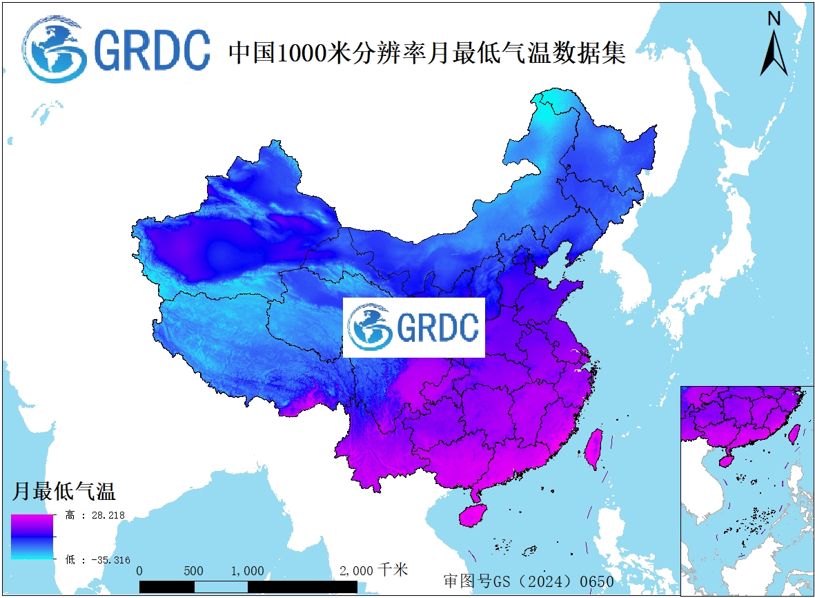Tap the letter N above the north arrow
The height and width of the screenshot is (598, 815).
coord(774,19)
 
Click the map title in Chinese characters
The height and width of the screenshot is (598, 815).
coord(426,52)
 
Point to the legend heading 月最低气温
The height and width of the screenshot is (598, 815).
coord(63,492)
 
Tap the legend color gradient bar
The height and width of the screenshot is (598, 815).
coord(32,537)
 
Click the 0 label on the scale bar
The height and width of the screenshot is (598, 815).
coord(140,571)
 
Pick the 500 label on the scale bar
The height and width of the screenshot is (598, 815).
coord(194,571)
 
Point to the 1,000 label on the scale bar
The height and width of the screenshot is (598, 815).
coord(247,571)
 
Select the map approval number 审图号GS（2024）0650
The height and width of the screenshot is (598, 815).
coord(528,581)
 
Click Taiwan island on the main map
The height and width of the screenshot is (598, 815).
coord(593,448)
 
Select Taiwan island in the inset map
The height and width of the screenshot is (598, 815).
coord(794,433)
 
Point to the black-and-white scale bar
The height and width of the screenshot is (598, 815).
coord(248,587)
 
